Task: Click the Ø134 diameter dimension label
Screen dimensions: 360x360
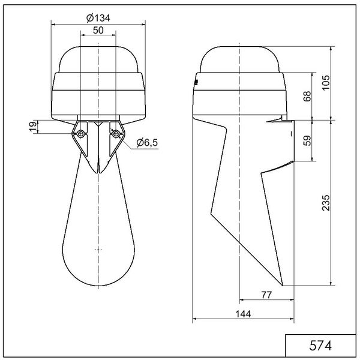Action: click(x=98, y=18)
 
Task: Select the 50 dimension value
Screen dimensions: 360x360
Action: click(x=98, y=31)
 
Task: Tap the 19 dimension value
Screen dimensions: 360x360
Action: click(x=34, y=127)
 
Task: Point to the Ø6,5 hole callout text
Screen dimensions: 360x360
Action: click(x=147, y=143)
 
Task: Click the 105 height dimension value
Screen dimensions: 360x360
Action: click(x=326, y=83)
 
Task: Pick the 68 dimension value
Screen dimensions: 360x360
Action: click(x=307, y=96)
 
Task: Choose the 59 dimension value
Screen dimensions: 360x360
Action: click(x=307, y=140)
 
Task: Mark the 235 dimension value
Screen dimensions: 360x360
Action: click(x=326, y=203)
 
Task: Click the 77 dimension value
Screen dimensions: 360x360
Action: click(x=266, y=295)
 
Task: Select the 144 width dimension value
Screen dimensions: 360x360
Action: click(x=244, y=314)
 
